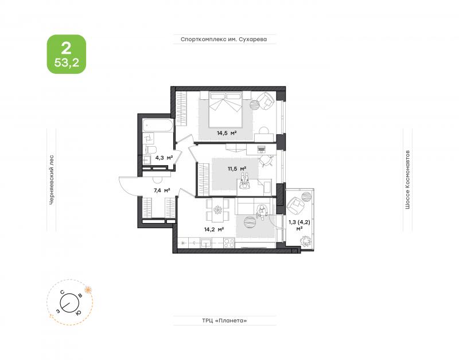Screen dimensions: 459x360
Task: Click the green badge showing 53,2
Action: point(67,54)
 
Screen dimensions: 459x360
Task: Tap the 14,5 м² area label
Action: point(227,133)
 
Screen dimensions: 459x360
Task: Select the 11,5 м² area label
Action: point(237,169)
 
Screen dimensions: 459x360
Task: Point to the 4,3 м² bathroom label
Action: point(164,158)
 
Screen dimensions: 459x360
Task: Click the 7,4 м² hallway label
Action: point(162,191)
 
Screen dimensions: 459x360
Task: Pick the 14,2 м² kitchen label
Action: point(214,229)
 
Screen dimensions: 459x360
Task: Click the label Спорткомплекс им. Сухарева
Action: point(224,39)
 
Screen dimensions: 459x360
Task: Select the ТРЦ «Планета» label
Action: point(224,320)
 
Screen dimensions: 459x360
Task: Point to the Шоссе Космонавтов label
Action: point(407,180)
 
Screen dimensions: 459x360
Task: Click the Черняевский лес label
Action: point(52,179)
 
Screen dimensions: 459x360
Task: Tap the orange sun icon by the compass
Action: point(88,290)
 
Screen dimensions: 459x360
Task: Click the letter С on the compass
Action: point(62,292)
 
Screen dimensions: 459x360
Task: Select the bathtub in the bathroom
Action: point(157,126)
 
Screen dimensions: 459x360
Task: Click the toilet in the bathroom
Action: point(151,149)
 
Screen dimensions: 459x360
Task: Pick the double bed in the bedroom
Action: point(225,109)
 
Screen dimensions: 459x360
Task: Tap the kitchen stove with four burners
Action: point(229,243)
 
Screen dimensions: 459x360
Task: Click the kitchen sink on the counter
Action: point(207,243)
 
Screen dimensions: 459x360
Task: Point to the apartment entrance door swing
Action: point(128,186)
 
